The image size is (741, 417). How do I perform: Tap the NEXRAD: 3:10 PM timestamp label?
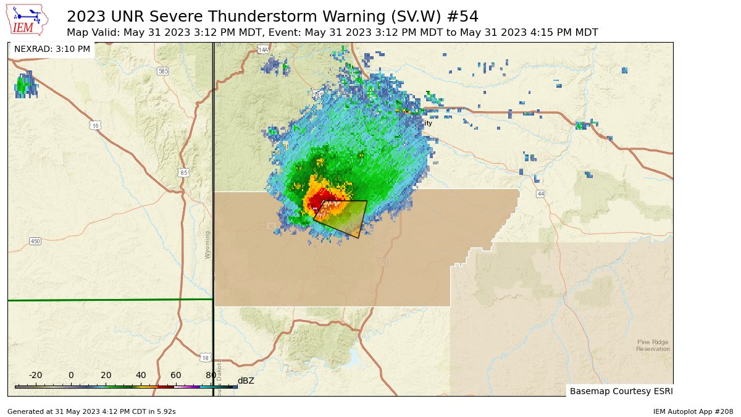click(x=52, y=49)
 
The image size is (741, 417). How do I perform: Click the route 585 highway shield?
click(x=162, y=71)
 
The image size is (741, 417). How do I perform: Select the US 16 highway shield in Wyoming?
click(x=94, y=125)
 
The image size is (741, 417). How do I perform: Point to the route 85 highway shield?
click(x=183, y=172)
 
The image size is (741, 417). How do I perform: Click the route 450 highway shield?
click(x=35, y=241)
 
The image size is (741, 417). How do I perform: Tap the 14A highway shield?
click(x=263, y=49)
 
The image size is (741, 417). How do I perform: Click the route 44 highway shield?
click(x=541, y=194)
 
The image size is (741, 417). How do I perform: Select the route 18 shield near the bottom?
click(x=205, y=358)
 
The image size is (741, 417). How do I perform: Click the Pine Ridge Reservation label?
click(x=653, y=345)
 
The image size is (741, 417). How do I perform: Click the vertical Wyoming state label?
click(x=207, y=245)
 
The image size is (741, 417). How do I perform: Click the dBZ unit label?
click(x=246, y=381)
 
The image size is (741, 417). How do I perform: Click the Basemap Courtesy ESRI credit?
click(x=621, y=391)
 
